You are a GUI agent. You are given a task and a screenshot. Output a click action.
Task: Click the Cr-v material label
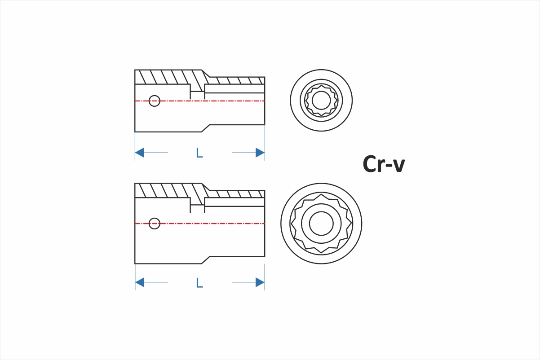pyautogui.click(x=384, y=164)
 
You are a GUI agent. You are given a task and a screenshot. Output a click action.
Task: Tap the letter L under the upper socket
pyautogui.click(x=199, y=153)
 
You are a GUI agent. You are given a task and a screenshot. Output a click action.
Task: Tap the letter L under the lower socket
pyautogui.click(x=199, y=283)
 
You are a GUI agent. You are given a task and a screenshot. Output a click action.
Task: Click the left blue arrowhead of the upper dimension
pyautogui.click(x=140, y=153)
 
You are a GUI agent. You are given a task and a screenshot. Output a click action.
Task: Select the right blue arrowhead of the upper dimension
pyautogui.click(x=260, y=153)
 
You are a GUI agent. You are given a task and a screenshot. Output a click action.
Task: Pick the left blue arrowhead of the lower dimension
pyautogui.click(x=140, y=282)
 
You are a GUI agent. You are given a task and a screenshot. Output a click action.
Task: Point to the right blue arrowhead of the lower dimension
pyautogui.click(x=260, y=282)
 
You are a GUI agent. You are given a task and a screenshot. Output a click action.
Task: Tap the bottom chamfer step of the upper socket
pyautogui.click(x=206, y=128)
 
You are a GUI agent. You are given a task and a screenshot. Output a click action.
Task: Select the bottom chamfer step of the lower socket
pyautogui.click(x=206, y=260)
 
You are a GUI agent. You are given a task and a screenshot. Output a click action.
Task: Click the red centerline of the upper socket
pyautogui.click(x=199, y=101)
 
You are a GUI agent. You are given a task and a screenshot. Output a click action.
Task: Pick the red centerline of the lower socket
pyautogui.click(x=199, y=224)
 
